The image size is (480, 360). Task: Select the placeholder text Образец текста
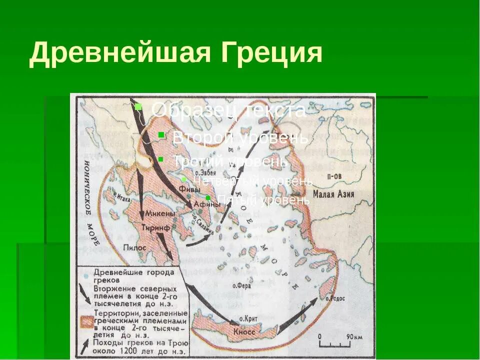pos(228,110)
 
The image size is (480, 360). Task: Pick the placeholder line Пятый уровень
pos(263,200)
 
